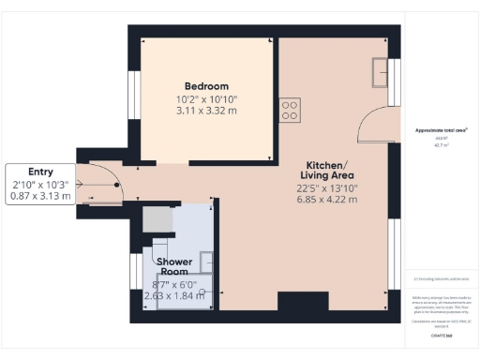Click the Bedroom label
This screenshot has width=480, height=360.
click(x=206, y=85)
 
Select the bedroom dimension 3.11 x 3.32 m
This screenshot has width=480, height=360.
click(x=206, y=110)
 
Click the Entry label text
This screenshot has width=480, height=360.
click(x=41, y=172)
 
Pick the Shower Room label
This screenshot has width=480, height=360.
click(x=174, y=266)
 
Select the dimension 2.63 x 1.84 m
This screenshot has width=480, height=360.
click(x=174, y=296)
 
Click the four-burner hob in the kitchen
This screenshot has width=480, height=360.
click(x=290, y=110)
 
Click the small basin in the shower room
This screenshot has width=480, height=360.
click(x=207, y=262)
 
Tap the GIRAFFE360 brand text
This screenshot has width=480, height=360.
click(x=440, y=334)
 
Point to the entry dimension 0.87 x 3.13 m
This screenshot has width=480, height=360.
click(x=41, y=197)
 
